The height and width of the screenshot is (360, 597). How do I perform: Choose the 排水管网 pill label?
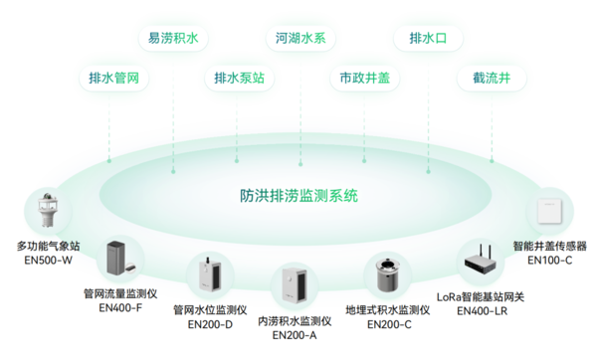(x=113, y=78)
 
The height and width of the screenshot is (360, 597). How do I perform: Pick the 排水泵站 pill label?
(x=240, y=78)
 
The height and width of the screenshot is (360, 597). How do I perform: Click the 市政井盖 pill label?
(x=364, y=78)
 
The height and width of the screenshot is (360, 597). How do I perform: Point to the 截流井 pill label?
(x=493, y=78)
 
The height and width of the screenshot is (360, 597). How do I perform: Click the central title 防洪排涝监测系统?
(x=298, y=195)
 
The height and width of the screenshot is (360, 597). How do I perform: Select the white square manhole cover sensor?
(x=549, y=213)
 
